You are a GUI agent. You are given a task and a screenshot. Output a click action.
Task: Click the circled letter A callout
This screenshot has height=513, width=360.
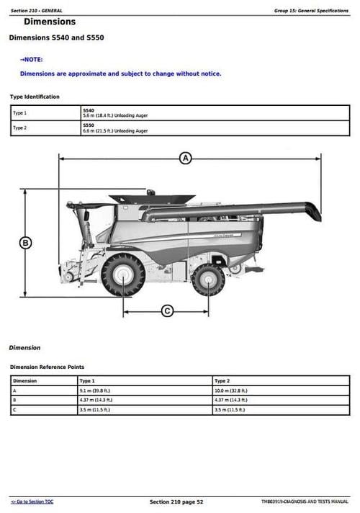tap(185, 158)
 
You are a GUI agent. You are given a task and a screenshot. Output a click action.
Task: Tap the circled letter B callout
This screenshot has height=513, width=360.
tap(25, 243)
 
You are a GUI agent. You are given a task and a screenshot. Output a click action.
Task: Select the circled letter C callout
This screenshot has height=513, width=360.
tap(167, 311)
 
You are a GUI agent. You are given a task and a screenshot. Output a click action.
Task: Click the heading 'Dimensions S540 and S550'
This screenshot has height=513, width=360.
tap(57, 37)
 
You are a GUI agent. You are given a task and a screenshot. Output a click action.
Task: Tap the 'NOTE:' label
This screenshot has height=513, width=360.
tap(32, 59)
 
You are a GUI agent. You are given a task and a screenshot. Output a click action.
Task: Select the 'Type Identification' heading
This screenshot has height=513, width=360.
tap(35, 97)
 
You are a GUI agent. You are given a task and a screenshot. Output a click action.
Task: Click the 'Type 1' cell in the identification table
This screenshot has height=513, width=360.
tap(20, 113)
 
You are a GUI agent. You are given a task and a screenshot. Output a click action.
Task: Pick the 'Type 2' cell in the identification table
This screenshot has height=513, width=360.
tap(20, 128)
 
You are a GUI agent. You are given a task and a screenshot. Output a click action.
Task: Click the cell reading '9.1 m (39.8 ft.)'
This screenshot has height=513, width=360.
tap(95, 390)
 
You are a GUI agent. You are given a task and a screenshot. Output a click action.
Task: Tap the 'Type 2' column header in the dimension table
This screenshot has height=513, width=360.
tap(222, 380)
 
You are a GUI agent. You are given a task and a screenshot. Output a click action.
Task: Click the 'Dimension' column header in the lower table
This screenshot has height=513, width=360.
tap(25, 380)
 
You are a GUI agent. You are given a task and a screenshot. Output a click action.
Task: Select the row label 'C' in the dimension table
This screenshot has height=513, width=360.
tap(15, 409)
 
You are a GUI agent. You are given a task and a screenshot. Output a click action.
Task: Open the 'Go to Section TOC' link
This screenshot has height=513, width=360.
tap(32, 501)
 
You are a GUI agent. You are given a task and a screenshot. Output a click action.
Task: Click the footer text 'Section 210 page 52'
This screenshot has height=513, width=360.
tap(176, 501)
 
